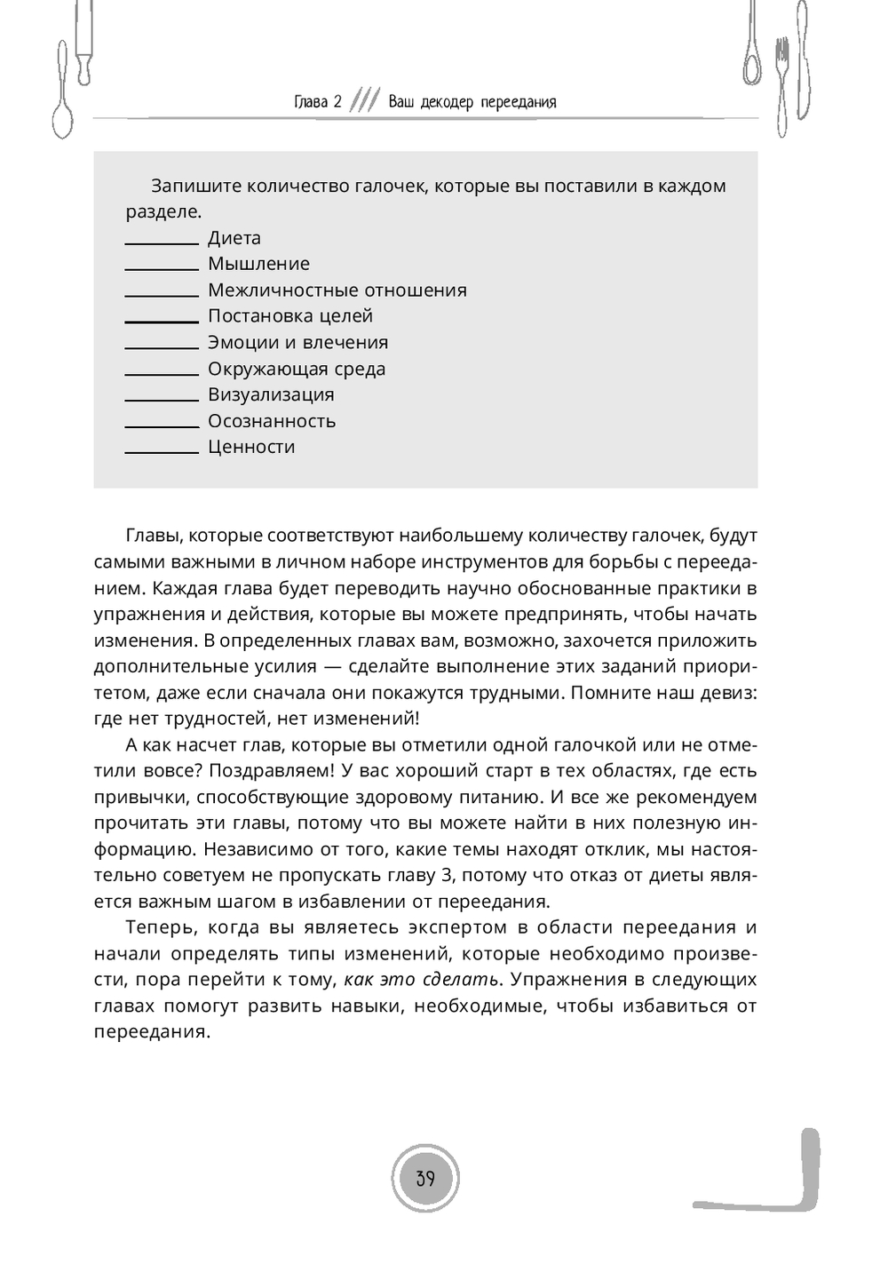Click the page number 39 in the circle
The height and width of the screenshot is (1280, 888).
(x=425, y=1179)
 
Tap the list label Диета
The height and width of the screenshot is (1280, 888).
(x=234, y=238)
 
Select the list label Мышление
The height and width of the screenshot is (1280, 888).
(x=258, y=264)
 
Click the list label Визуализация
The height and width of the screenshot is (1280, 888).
(x=271, y=394)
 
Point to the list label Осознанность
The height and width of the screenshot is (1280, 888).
(x=272, y=421)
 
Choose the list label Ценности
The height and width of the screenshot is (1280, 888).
(x=251, y=447)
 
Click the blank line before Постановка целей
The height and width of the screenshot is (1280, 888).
(x=162, y=321)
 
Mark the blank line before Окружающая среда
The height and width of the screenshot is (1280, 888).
(x=162, y=373)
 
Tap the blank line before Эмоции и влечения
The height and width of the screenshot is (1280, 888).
(x=162, y=347)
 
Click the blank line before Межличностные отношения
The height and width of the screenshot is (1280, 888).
(x=162, y=295)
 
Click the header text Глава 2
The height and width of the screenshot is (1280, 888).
(x=318, y=102)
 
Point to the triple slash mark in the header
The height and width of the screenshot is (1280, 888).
(x=365, y=101)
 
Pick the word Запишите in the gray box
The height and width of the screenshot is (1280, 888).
(x=194, y=187)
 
